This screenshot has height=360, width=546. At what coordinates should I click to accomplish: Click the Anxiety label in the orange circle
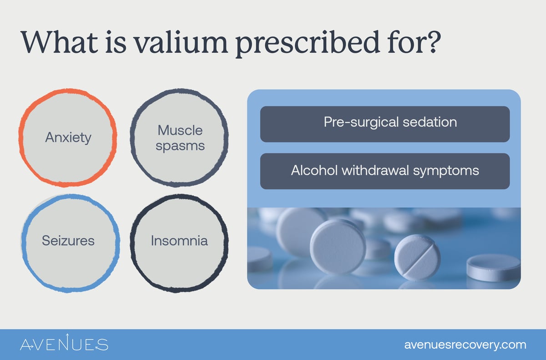[x=68, y=137]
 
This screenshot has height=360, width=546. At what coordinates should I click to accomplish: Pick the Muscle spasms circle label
[x=180, y=138]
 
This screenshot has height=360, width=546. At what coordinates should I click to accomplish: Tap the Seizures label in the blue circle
[x=68, y=240]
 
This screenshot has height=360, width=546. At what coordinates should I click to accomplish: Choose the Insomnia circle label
[x=179, y=240]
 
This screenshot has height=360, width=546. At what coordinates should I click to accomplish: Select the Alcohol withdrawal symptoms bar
[x=384, y=171]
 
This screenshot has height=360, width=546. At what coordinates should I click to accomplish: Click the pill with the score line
[x=417, y=257]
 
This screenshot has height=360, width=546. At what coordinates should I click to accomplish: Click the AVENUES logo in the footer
[x=64, y=344]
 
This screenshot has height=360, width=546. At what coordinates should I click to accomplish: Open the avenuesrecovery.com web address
[x=465, y=345]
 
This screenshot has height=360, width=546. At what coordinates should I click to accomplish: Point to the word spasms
[x=180, y=146]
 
